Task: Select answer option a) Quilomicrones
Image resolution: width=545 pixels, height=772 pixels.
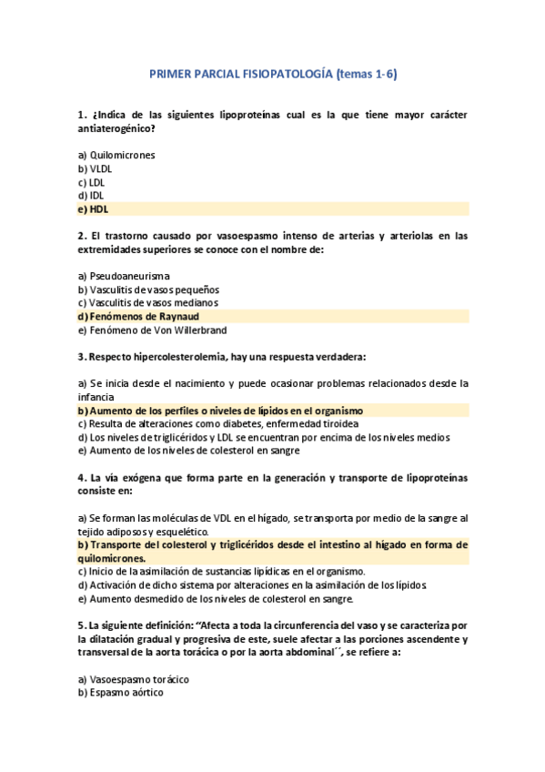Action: [116, 155]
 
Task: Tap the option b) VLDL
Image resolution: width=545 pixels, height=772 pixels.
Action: [95, 168]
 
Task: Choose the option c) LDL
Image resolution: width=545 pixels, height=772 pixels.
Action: [92, 182]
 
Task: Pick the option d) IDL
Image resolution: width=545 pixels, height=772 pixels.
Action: [91, 195]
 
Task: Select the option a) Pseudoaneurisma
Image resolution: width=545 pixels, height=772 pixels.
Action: [124, 275]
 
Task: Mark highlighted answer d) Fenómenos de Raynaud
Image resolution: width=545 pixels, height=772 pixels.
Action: [138, 316]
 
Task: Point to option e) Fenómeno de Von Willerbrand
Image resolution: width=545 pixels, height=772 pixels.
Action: [152, 330]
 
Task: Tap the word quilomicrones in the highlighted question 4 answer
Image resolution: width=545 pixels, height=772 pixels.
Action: [111, 558]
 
